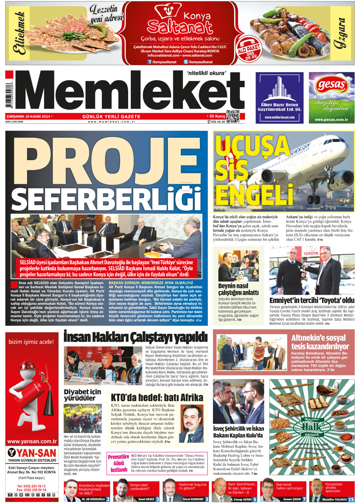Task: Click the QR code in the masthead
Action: pos(233,116)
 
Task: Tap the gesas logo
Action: pos(331,85)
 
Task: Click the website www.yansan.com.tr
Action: pos(32,441)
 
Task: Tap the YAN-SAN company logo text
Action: pos(32,453)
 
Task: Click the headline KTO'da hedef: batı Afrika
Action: pos(157,397)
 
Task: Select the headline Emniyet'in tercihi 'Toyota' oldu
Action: pos(312,300)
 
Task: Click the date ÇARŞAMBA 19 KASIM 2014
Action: pos(29,117)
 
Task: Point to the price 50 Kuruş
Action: pos(217,116)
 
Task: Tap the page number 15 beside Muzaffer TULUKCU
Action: pos(351,499)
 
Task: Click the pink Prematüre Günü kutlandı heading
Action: pos(119,463)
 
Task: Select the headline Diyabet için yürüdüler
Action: pos(82,395)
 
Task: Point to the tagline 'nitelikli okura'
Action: pos(206,73)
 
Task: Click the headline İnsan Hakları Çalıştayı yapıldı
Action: pos(135,337)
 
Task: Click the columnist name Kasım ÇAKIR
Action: pos(292,499)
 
